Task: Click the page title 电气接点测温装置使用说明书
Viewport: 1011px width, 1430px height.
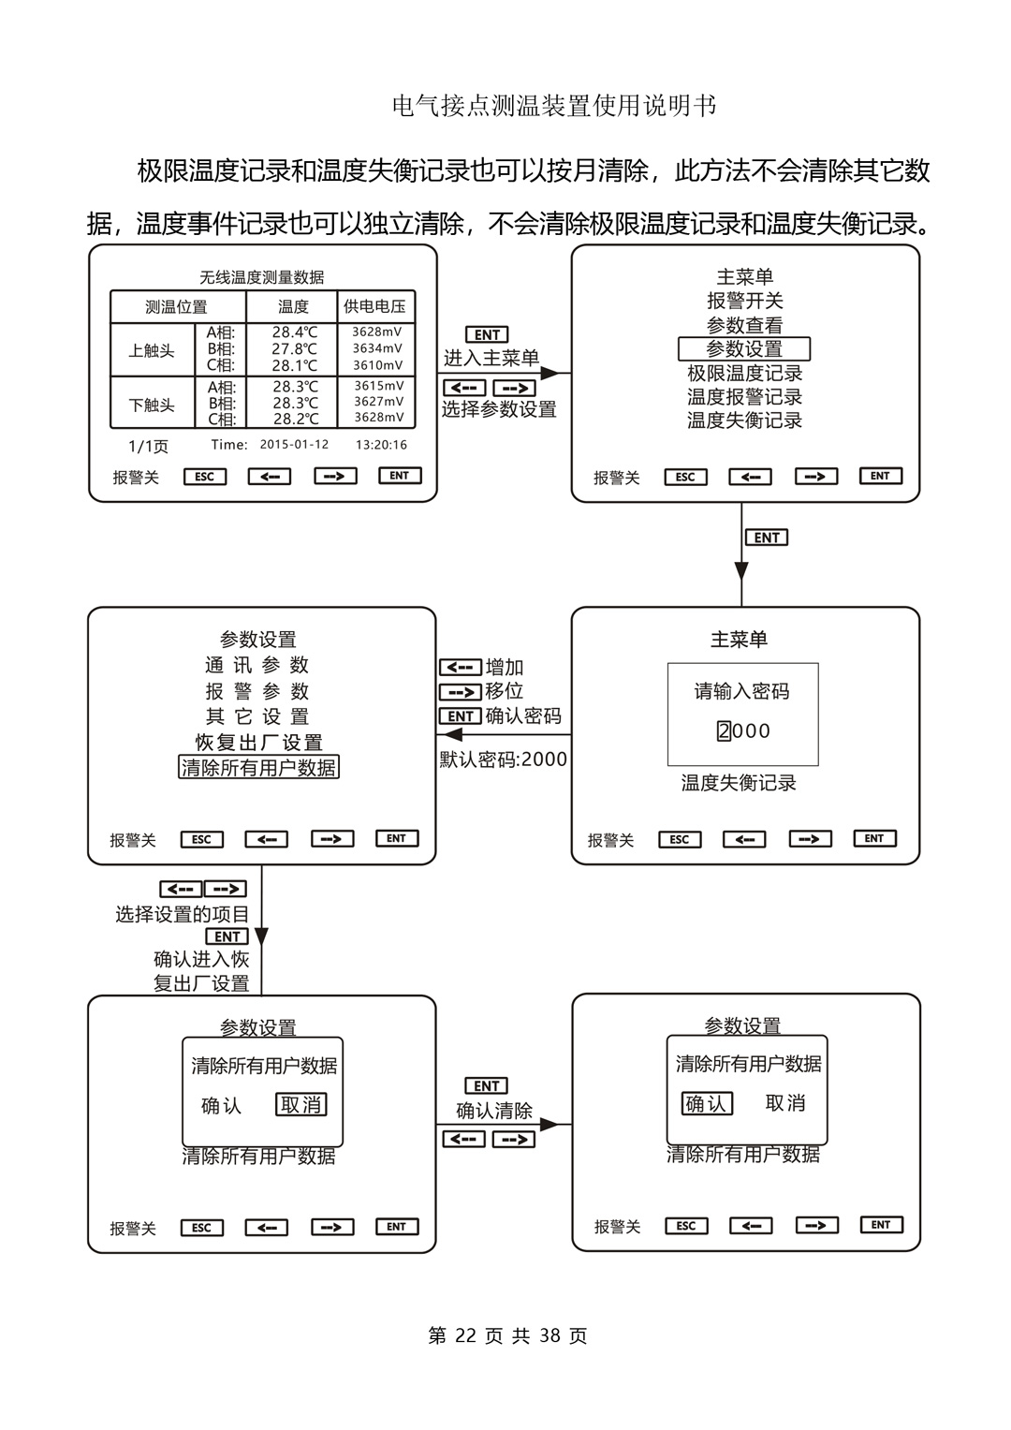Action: (x=554, y=106)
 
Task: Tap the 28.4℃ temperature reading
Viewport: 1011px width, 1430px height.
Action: (x=295, y=332)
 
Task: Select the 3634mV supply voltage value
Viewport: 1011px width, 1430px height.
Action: (x=377, y=348)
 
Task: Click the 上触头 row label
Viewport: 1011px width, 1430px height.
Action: (x=152, y=351)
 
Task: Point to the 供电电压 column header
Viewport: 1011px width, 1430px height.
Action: (x=374, y=306)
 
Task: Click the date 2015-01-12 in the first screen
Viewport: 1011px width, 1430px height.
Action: (x=294, y=445)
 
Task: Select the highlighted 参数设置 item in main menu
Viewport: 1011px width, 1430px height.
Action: (x=744, y=348)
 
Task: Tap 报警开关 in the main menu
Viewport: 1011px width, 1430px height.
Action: (x=744, y=301)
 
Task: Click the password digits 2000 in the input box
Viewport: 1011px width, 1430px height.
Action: (x=743, y=730)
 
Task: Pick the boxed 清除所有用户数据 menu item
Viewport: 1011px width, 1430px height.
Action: (x=258, y=767)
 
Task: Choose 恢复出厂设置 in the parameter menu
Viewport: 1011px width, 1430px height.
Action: (x=258, y=743)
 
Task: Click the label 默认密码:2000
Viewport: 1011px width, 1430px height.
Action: (x=504, y=759)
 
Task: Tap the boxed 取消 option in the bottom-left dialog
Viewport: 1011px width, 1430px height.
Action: (x=301, y=1105)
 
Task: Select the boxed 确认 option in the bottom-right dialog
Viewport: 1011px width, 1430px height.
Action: (x=707, y=1103)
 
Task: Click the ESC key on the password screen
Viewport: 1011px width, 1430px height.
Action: (x=680, y=839)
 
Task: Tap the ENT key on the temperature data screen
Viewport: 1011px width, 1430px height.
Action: (x=400, y=476)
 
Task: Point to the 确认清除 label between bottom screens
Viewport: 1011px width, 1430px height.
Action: (x=493, y=1111)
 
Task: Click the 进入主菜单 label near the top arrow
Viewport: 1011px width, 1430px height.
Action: (x=491, y=358)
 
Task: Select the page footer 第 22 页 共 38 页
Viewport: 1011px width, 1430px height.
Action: (x=507, y=1335)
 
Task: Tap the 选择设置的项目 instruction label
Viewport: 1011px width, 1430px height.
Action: (x=183, y=914)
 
